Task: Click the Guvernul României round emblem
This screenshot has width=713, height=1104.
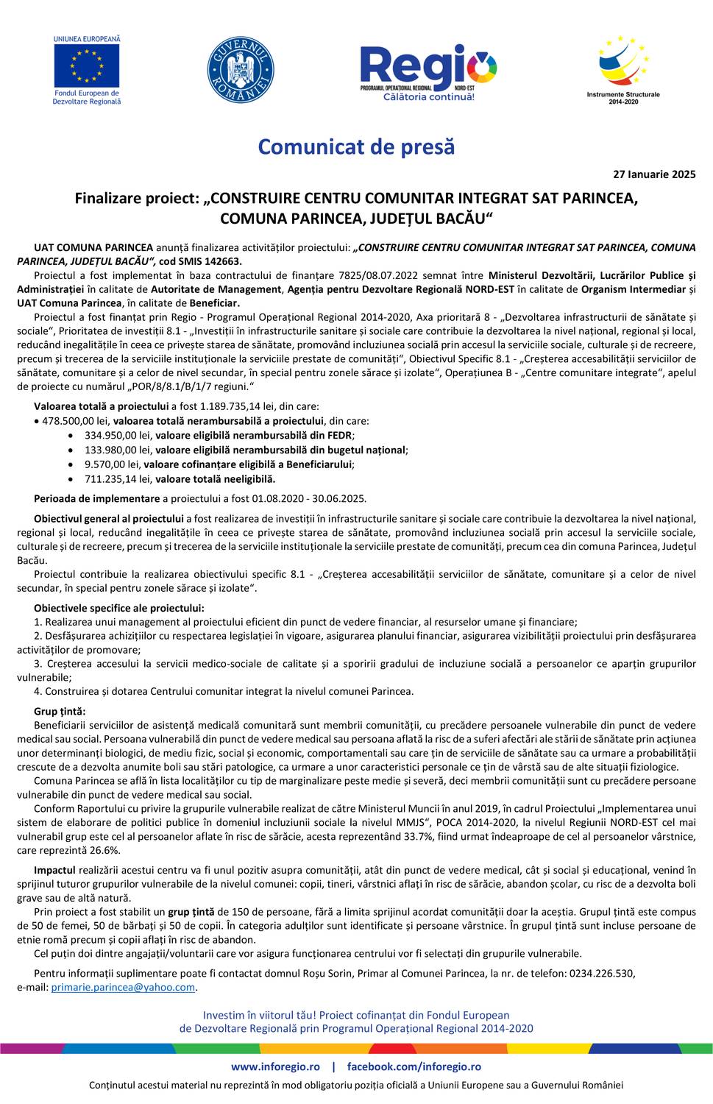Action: click(x=241, y=70)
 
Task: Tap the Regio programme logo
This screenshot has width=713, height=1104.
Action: click(x=428, y=71)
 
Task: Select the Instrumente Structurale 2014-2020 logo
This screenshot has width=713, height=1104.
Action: click(x=623, y=70)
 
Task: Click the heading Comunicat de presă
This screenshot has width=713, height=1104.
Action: click(x=356, y=146)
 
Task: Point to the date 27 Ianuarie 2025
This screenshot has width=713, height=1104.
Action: click(x=654, y=174)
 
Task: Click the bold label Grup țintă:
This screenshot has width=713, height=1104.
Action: click(x=60, y=711)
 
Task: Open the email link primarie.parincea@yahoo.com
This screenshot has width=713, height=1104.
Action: click(x=123, y=987)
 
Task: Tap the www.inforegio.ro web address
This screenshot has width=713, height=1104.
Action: click(x=275, y=1066)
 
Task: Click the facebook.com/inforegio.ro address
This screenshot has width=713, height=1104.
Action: click(x=414, y=1066)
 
